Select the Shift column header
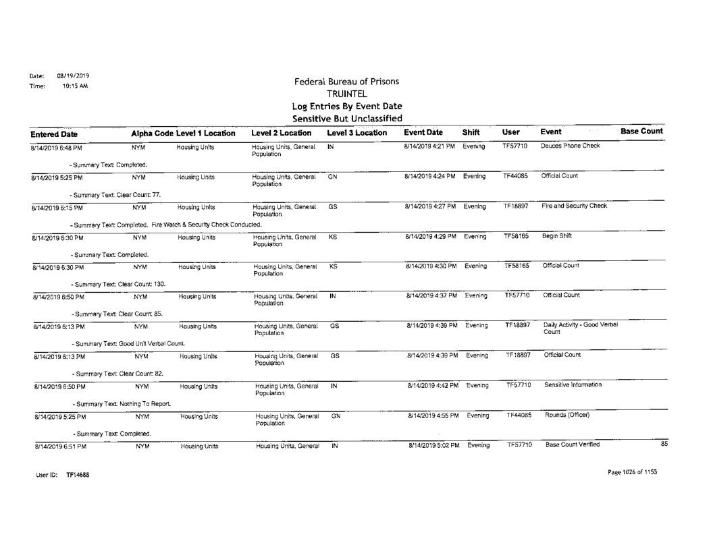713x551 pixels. [x=471, y=130]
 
